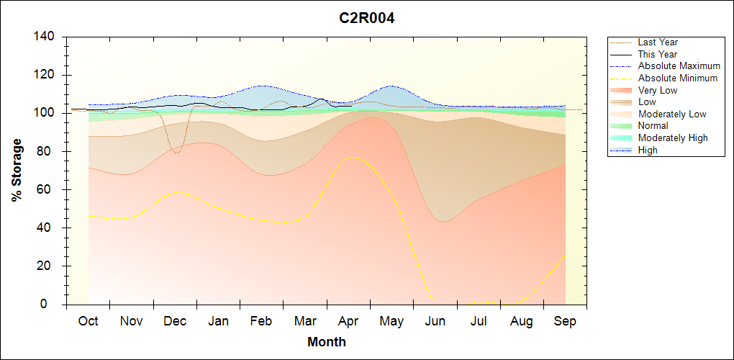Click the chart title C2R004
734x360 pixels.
click(x=367, y=18)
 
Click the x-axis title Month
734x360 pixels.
click(x=327, y=342)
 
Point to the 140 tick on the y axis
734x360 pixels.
click(x=47, y=37)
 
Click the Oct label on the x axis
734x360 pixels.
click(x=88, y=321)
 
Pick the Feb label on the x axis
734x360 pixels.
click(x=261, y=321)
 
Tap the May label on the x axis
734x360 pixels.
click(x=391, y=321)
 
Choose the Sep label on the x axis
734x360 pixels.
click(x=565, y=321)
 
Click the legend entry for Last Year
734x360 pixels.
click(x=658, y=42)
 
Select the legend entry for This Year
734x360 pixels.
click(x=658, y=54)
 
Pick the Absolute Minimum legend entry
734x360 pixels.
click(x=678, y=78)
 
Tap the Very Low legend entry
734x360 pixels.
click(x=658, y=90)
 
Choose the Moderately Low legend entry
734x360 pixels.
click(x=672, y=114)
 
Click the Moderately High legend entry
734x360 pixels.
click(x=673, y=138)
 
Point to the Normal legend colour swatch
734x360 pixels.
click(x=621, y=126)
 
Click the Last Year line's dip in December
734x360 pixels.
click(x=176, y=153)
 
